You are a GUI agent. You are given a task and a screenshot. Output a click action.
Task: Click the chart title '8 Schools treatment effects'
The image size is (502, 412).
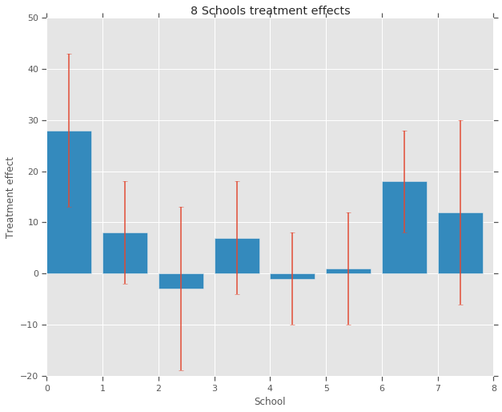[270, 10]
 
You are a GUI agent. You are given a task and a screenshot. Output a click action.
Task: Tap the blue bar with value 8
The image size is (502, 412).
[125, 253]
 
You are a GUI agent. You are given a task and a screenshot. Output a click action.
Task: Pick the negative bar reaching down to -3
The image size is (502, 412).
[181, 281]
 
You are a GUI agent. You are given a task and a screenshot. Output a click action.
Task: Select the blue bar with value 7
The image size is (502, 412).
[237, 256]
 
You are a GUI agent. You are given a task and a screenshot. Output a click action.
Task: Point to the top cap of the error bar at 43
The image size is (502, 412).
[69, 54]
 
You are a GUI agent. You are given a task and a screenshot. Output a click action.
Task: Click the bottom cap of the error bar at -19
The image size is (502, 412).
[181, 370]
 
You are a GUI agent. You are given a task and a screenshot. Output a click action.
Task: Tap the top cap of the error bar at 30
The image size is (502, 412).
[460, 120]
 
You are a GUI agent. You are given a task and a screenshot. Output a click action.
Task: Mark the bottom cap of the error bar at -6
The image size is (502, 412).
[460, 305]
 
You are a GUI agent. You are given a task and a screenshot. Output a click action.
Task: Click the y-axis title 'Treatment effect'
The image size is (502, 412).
[10, 197]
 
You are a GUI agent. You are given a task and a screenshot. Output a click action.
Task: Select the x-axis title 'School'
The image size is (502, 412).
[270, 401]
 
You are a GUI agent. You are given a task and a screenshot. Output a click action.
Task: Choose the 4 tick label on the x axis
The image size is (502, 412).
[270, 388]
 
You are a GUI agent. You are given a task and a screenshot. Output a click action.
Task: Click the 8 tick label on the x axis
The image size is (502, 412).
[493, 388]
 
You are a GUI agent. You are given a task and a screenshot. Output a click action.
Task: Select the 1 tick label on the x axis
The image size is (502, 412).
[102, 388]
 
